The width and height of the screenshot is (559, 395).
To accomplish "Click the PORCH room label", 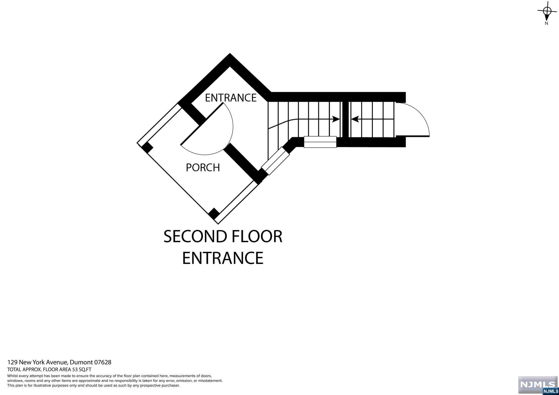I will point(203,167).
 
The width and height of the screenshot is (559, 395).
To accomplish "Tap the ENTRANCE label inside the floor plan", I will point(231,98).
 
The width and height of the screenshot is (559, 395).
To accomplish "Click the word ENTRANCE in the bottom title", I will point(222,258).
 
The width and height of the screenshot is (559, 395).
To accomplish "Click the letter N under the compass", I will point(546,23).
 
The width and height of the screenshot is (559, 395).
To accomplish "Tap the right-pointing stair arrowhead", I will point(336,119).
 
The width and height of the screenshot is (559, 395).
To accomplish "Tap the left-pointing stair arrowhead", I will point(355,119).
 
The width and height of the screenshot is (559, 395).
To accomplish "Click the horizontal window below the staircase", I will point(320,142).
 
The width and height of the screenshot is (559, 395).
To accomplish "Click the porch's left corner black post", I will point(147,148).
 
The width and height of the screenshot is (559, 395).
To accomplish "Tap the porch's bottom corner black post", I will point(214,213).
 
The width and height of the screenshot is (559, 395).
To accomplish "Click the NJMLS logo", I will point(538,385).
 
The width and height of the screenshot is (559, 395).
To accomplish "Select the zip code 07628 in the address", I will point(103,362).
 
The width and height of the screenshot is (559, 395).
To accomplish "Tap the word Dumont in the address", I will point(81,362).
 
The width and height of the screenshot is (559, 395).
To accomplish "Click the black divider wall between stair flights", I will point(345,119).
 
